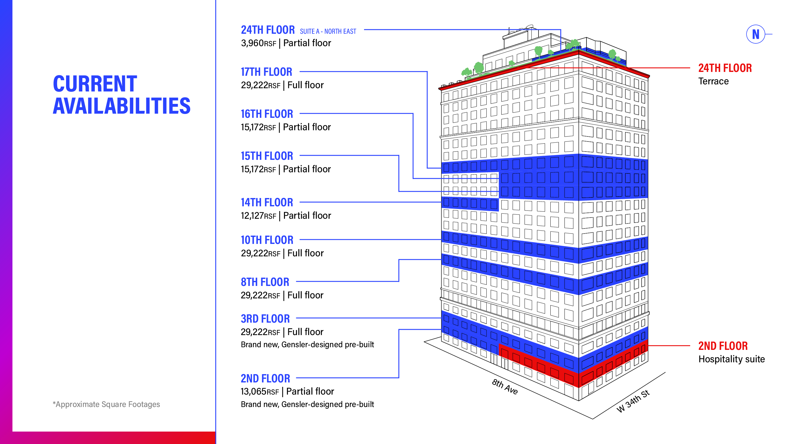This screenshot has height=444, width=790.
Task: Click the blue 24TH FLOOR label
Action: pos(267,30)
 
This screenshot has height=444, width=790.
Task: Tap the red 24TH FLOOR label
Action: pos(725,68)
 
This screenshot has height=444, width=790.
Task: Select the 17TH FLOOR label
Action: pos(266,72)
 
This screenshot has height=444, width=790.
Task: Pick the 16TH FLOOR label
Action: pos(267,114)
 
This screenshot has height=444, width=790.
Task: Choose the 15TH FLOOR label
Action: pos(267,156)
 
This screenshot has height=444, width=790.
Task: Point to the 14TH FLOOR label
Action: pos(267,202)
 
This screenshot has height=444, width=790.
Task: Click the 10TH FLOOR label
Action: pos(267,240)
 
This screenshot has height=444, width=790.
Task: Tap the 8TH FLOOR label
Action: pos(265,282)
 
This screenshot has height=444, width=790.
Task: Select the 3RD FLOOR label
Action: pos(265,319)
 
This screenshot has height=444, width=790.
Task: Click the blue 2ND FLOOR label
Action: pos(265,378)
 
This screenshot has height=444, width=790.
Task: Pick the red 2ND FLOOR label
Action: pos(723,346)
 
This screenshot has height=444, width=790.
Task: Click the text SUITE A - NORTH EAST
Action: pos(328,32)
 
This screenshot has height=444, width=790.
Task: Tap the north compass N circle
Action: pos(755,34)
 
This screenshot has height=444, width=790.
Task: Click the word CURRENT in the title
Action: pos(95,84)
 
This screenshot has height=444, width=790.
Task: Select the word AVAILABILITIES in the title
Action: pos(121,106)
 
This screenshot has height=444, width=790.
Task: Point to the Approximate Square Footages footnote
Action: pos(106,404)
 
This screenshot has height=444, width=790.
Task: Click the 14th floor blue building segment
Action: pos(470,203)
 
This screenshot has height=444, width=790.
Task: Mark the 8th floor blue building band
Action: pos(521,273)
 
